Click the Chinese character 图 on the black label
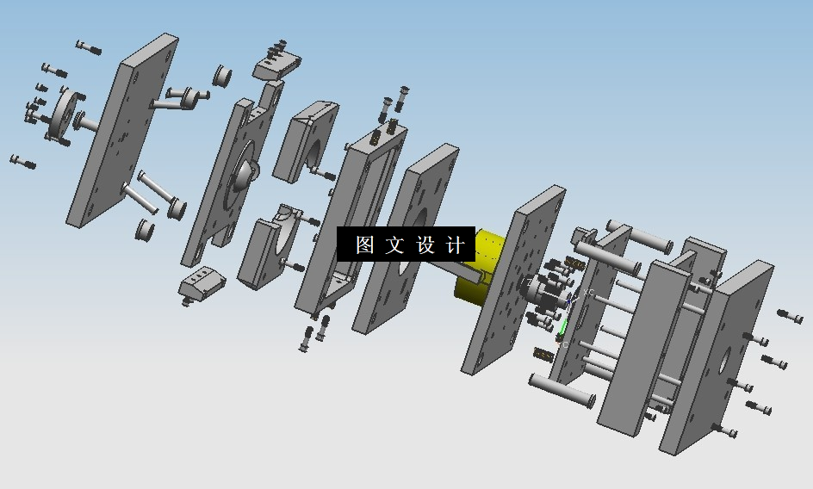[365, 245]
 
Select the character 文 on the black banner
[395, 245]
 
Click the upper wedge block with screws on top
[278, 62]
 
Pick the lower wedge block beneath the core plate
[200, 283]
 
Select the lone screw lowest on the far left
[22, 161]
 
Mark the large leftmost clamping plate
[121, 129]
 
